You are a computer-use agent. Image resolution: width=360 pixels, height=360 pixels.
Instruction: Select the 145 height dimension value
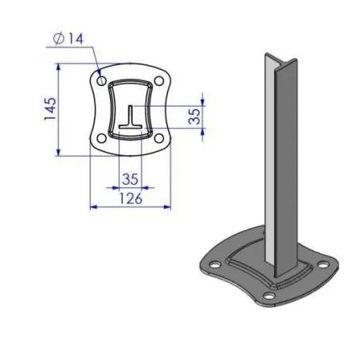tap(49, 110)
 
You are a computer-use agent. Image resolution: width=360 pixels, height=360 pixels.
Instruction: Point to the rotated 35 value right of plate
tap(194, 116)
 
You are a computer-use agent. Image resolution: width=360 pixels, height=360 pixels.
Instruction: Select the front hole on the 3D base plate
tap(270, 297)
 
